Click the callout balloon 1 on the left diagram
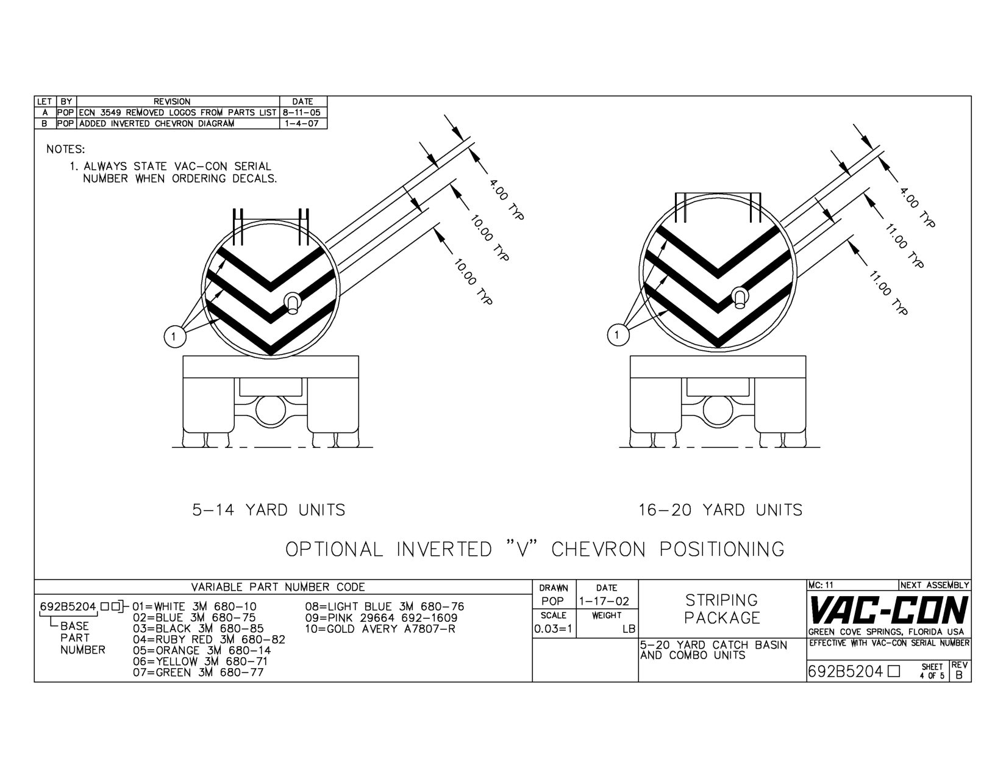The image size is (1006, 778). pos(175,336)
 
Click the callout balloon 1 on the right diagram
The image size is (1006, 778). pos(618,334)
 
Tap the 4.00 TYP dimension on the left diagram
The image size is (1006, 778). pos(507,200)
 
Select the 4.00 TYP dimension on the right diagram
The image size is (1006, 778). pos(917,207)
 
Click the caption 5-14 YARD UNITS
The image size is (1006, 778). pos(269,510)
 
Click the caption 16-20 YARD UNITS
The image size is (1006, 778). pos(721,510)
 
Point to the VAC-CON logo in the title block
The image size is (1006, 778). pos(888,610)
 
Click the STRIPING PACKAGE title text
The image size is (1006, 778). pos(722,609)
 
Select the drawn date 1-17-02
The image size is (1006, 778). pos(604,602)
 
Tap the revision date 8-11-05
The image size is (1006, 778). pos(302,113)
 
